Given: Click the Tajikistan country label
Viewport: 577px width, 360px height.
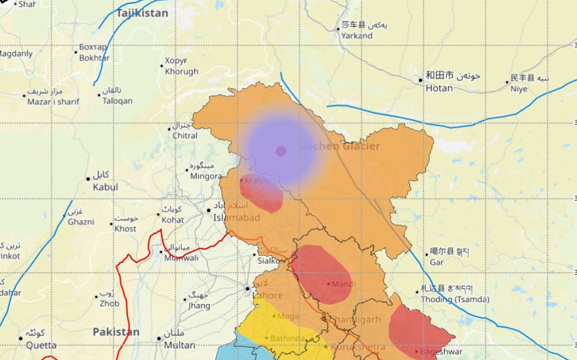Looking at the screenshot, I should [142, 13].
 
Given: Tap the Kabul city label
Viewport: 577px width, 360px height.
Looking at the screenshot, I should [105, 187].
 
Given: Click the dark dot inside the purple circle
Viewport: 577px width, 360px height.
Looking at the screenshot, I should [281, 151].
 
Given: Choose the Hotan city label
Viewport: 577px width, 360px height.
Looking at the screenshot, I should [439, 88].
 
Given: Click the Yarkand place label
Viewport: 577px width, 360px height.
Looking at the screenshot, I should [357, 36].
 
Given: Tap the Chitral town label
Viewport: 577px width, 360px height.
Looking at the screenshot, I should [185, 135].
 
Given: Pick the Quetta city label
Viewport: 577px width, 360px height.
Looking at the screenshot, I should [41, 345].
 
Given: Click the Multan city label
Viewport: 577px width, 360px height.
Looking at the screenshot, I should [179, 345].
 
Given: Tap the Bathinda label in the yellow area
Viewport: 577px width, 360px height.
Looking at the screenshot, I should [287, 338].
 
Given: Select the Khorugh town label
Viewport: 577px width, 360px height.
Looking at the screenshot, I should [181, 71].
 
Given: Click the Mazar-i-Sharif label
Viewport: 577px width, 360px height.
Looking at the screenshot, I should [53, 101].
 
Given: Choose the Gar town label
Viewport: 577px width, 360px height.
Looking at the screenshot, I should [437, 262].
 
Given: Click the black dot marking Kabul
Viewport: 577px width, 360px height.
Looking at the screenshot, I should [88, 179].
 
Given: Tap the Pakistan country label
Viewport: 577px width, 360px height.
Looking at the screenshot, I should [115, 332].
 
